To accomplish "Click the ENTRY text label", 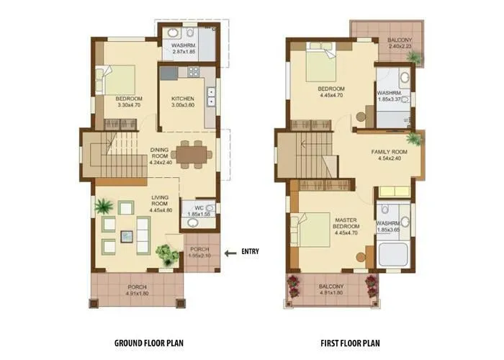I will click(x=250, y=251).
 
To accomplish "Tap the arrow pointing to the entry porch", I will click(x=230, y=252).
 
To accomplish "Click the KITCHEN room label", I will click(x=184, y=99).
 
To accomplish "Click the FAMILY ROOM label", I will click(x=390, y=152).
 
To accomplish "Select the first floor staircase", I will click(x=306, y=155).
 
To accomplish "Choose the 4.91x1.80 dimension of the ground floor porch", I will click(x=137, y=294).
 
